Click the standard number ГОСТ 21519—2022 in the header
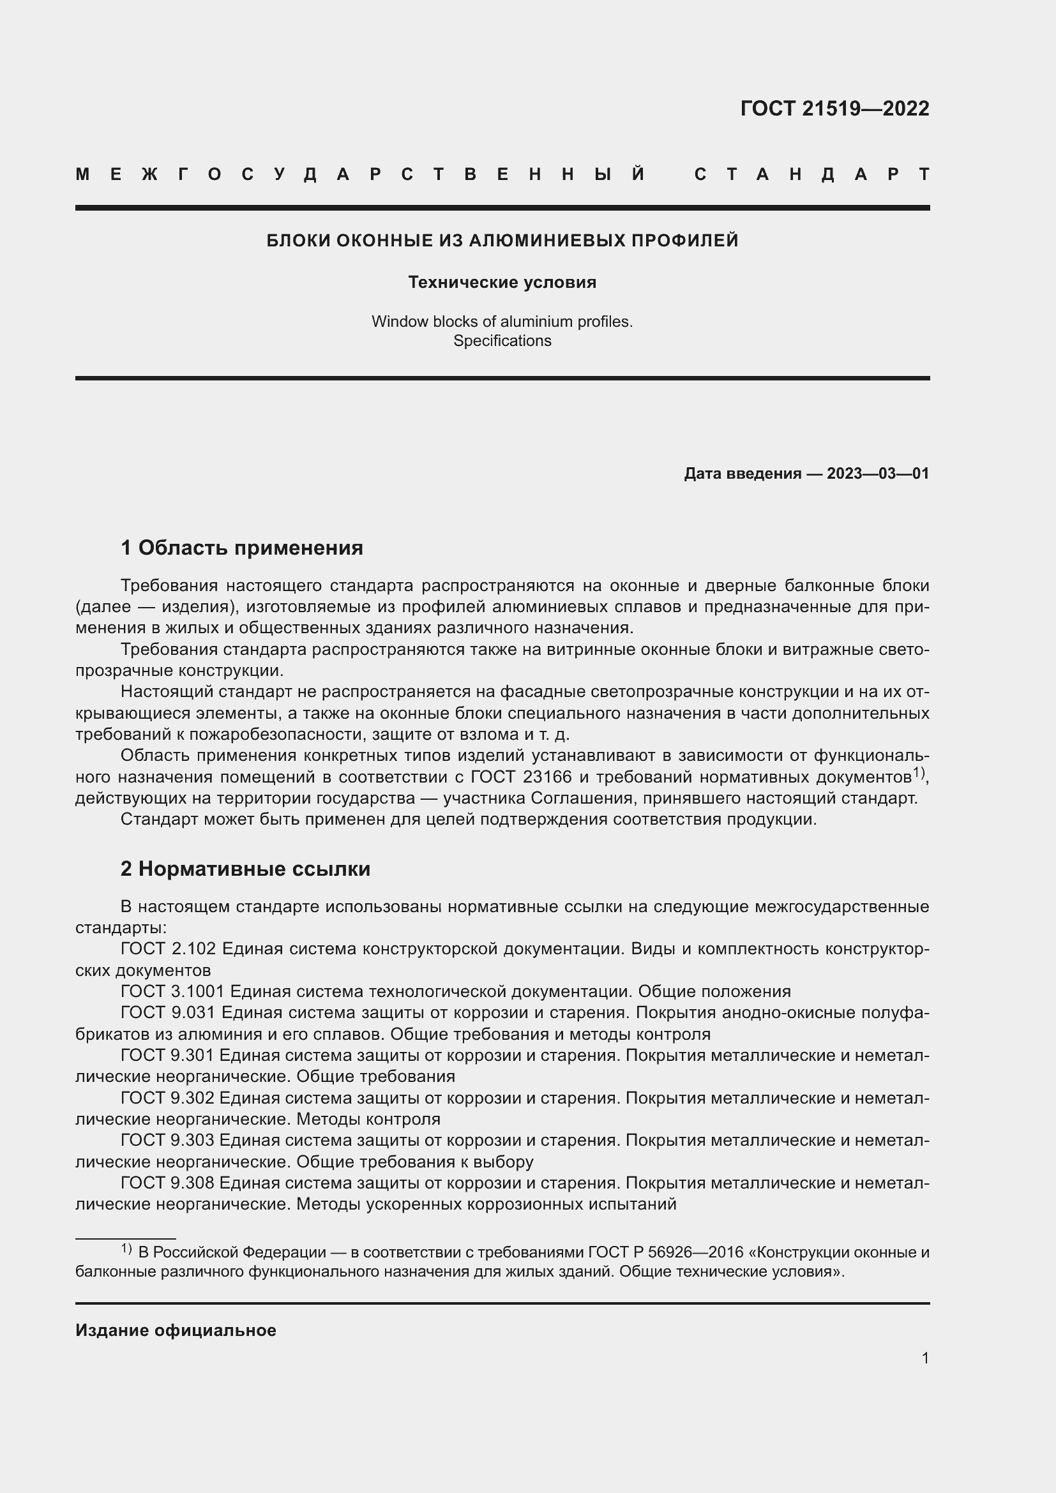(834, 108)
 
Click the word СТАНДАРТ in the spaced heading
(811, 174)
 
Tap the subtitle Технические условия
(502, 282)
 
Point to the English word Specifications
(502, 341)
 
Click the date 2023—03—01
(878, 474)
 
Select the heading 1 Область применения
(241, 548)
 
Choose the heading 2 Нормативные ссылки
(245, 869)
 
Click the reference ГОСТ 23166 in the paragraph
(521, 777)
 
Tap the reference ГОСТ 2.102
(168, 949)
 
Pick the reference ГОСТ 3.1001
(172, 991)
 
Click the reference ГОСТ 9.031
(168, 1012)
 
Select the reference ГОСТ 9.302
(168, 1098)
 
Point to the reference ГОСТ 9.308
(168, 1182)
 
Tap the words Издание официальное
(176, 1330)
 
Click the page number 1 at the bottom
(924, 1358)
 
